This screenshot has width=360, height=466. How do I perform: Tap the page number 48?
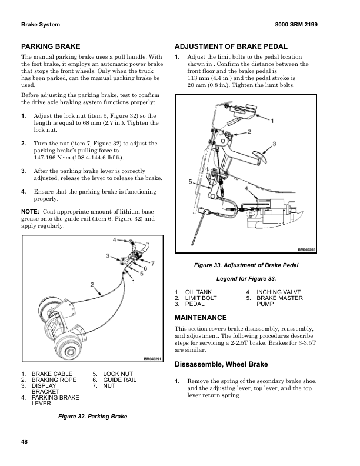pyautogui.click(x=24, y=441)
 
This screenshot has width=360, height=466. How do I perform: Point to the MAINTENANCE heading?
pyautogui.click(x=202, y=317)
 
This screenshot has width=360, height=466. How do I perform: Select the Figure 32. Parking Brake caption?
pyautogui.click(x=93, y=416)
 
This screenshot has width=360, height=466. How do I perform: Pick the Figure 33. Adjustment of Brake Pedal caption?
pyautogui.click(x=246, y=265)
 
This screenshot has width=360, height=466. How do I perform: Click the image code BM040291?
pyautogui.click(x=153, y=359)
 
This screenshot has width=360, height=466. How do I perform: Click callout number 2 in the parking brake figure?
pyautogui.click(x=92, y=285)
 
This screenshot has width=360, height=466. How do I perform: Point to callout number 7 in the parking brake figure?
pyautogui.click(x=153, y=262)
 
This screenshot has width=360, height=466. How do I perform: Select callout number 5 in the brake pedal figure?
pyautogui.click(x=190, y=182)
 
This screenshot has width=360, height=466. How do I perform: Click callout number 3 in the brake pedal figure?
pyautogui.click(x=275, y=144)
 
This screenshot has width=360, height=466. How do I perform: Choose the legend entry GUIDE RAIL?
pyautogui.click(x=119, y=381)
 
